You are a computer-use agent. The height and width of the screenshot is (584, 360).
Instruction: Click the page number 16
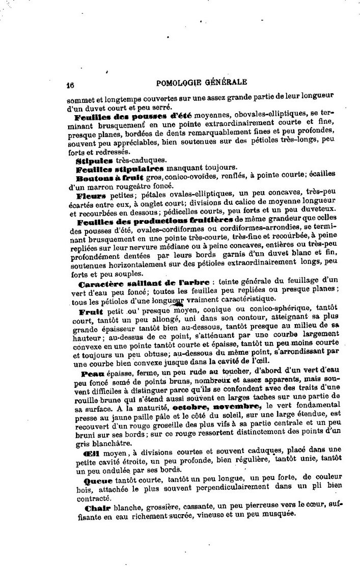(x=70, y=85)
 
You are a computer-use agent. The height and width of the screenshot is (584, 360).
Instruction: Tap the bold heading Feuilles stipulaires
(x=120, y=168)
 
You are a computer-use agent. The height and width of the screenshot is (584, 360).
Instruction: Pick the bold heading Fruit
(x=91, y=311)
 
